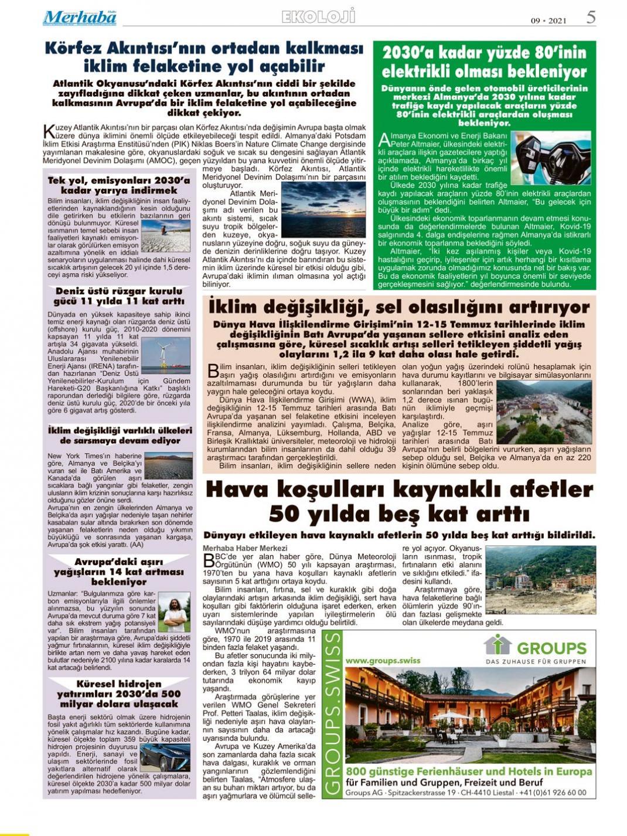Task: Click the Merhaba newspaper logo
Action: [x=80, y=18]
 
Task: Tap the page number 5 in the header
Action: [x=591, y=17]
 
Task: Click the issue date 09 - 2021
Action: [x=548, y=21]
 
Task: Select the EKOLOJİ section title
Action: [x=318, y=17]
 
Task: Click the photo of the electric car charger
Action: [x=551, y=158]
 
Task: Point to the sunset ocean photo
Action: [x=323, y=209]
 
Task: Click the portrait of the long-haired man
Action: [x=174, y=611]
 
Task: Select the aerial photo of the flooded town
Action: [x=544, y=412]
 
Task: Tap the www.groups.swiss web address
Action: [x=383, y=660]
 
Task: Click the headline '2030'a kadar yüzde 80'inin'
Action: [x=484, y=62]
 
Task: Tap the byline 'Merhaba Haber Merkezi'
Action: [x=237, y=548]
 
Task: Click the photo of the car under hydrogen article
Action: [x=165, y=757]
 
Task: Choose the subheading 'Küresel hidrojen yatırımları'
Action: [x=119, y=694]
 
